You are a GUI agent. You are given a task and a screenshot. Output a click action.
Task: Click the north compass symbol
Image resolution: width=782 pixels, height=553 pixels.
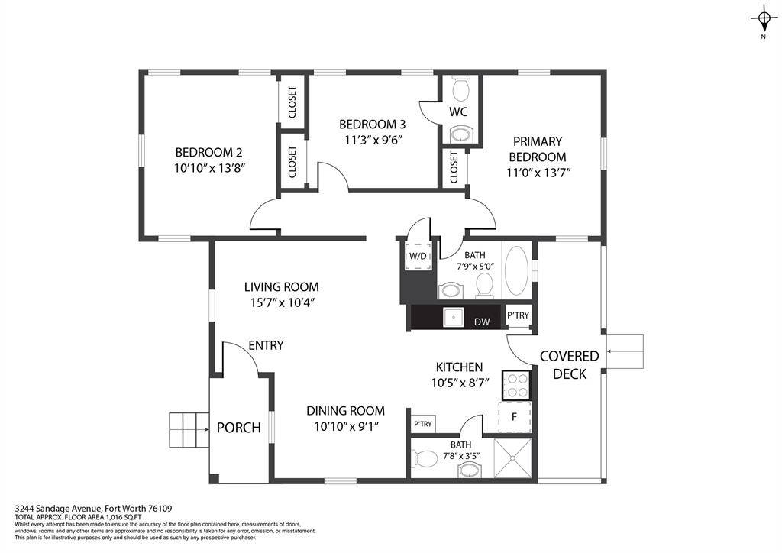click(x=763, y=18)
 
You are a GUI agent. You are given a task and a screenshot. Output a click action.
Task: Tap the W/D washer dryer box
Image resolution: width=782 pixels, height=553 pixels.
click(x=418, y=256)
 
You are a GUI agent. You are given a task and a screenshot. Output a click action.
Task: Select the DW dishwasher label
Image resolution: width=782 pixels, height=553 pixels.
click(x=482, y=322)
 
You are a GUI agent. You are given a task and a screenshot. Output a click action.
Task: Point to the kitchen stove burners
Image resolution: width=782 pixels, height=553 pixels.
click(x=516, y=385)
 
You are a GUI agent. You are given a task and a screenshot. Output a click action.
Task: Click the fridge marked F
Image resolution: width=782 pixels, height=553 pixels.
click(x=514, y=417)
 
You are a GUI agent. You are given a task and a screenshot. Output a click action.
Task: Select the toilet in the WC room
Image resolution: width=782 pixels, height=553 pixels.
click(x=460, y=90)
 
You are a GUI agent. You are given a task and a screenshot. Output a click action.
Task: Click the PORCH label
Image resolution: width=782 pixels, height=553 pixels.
click(x=239, y=427)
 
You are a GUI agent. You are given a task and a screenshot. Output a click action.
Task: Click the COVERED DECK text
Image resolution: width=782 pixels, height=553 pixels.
click(x=570, y=364)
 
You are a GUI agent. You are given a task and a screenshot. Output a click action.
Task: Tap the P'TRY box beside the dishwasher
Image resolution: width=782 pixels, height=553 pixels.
click(x=519, y=315)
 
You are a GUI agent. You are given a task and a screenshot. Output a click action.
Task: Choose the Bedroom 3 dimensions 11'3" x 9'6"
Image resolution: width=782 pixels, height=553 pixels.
click(x=371, y=139)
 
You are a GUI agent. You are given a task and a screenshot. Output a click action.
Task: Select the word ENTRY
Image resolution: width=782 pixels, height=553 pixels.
click(x=265, y=345)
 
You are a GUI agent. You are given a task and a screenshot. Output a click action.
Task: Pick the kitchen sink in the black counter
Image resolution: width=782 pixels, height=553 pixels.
click(x=454, y=315)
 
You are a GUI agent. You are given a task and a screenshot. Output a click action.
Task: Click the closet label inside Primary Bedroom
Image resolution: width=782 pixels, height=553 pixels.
click(x=454, y=167)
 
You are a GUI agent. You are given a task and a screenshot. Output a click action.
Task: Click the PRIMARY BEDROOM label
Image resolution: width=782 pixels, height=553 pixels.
click(x=538, y=149)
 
